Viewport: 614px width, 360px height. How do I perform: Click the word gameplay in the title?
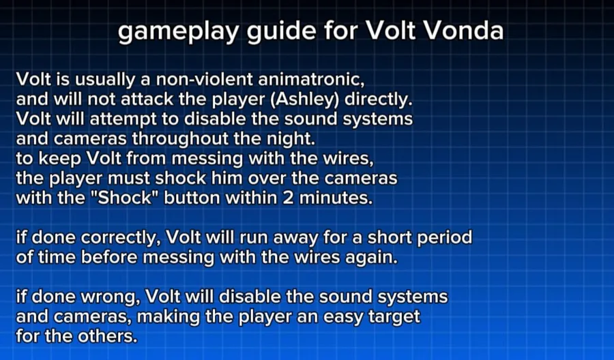pyautogui.click(x=178, y=31)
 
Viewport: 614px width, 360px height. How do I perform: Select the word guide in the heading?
pyautogui.click(x=281, y=31)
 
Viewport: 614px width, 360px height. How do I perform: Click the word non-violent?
pyautogui.click(x=205, y=80)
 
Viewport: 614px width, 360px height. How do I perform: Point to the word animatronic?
pyautogui.click(x=311, y=80)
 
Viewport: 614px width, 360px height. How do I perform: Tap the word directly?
pyautogui.click(x=379, y=100)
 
